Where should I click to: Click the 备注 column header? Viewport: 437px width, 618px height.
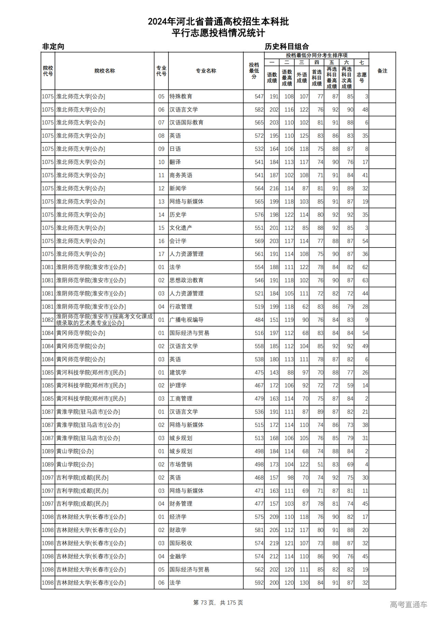(382, 71)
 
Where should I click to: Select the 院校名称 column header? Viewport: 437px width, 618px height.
(104, 71)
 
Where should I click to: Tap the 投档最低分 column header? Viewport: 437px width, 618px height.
(254, 71)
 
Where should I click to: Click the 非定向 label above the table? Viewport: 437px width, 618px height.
(53, 46)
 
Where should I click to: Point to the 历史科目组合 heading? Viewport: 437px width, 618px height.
(287, 46)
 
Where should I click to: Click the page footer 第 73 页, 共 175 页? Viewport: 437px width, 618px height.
(218, 602)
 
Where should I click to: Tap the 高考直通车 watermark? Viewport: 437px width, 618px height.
(408, 604)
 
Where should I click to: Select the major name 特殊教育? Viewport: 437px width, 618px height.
(181, 97)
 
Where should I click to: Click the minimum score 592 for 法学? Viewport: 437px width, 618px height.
(259, 582)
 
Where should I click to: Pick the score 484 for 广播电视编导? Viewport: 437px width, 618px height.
(259, 320)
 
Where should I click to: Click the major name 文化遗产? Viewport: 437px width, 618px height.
(181, 228)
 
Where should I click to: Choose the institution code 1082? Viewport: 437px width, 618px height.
(48, 320)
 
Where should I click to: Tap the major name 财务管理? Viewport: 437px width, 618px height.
(181, 504)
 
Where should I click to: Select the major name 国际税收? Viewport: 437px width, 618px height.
(181, 543)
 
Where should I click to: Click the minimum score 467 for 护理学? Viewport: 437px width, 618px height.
(259, 385)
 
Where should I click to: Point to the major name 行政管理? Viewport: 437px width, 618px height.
(181, 307)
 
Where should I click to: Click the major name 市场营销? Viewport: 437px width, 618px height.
(181, 464)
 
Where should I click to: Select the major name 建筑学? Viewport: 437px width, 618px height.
(178, 373)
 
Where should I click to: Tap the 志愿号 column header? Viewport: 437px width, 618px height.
(362, 78)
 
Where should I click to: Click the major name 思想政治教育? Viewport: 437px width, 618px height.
(186, 280)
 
